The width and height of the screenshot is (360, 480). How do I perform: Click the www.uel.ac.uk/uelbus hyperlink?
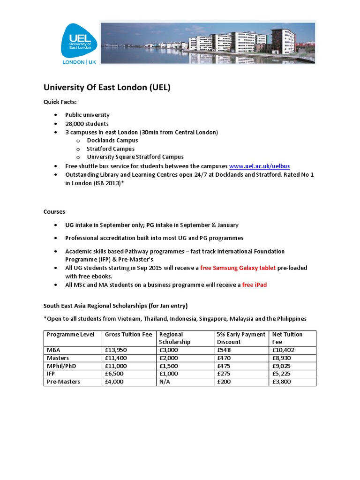[262, 166]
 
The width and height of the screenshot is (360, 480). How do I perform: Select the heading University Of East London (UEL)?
[107, 87]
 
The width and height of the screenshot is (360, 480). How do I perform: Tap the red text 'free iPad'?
[255, 285]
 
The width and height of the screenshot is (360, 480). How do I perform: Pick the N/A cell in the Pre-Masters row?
[165, 382]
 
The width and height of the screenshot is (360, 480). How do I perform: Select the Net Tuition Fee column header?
[287, 338]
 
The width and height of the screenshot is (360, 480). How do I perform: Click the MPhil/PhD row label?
[62, 366]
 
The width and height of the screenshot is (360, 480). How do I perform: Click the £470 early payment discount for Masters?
[224, 358]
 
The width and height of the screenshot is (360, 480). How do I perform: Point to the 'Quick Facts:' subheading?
[60, 102]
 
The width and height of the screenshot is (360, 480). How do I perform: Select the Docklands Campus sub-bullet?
[112, 140]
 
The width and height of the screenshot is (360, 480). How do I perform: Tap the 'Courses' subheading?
[54, 211]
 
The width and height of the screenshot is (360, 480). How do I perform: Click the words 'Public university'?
[87, 115]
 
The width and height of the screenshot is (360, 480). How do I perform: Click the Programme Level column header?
[70, 334]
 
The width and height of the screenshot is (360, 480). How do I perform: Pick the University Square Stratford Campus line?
[135, 157]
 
